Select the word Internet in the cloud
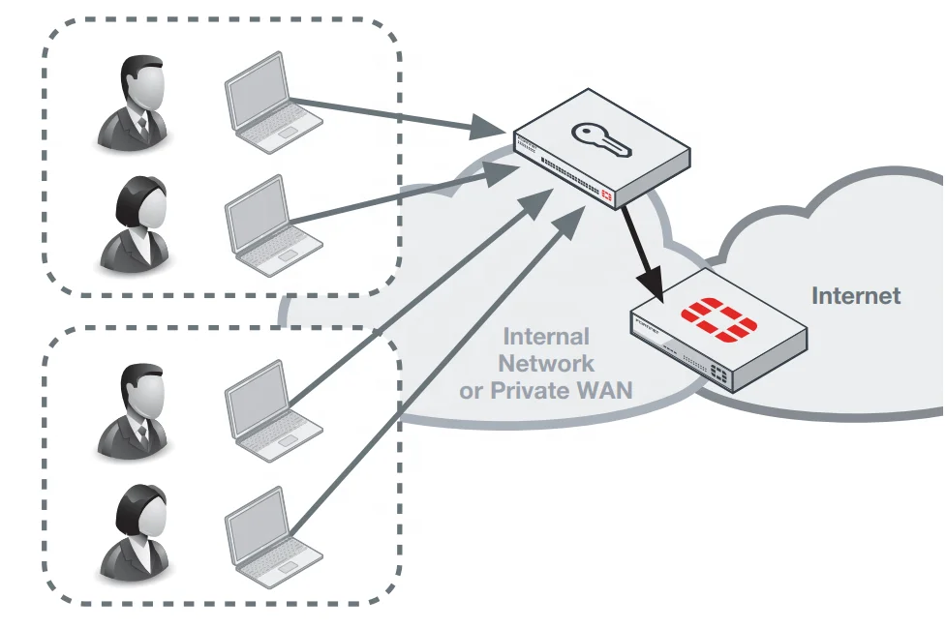(855, 296)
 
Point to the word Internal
(546, 337)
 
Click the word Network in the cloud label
(545, 364)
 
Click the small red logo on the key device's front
(607, 196)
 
